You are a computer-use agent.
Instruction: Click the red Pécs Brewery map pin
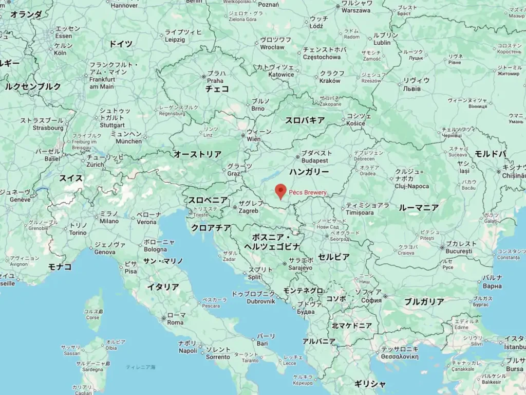[x=280, y=191]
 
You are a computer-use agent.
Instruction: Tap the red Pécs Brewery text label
[x=307, y=192]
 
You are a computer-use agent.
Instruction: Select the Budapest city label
[x=311, y=160]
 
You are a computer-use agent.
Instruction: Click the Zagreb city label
[x=249, y=211]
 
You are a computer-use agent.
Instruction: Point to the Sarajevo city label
[x=300, y=268]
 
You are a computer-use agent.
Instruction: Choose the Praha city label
[x=215, y=81]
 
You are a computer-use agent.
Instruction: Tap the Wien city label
[x=254, y=139]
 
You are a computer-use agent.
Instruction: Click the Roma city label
[x=175, y=322]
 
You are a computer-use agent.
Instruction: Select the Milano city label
[x=109, y=221]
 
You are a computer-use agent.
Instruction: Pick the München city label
[x=129, y=141]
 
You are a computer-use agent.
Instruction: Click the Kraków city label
[x=330, y=81]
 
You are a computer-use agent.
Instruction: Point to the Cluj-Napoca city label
[x=412, y=186]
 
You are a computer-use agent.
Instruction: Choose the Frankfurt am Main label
[x=102, y=83]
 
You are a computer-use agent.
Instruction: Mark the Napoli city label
[x=188, y=351]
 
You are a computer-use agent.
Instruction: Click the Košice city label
[x=356, y=123]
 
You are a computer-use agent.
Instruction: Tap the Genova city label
[x=105, y=252]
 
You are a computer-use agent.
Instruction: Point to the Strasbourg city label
[x=48, y=128]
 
